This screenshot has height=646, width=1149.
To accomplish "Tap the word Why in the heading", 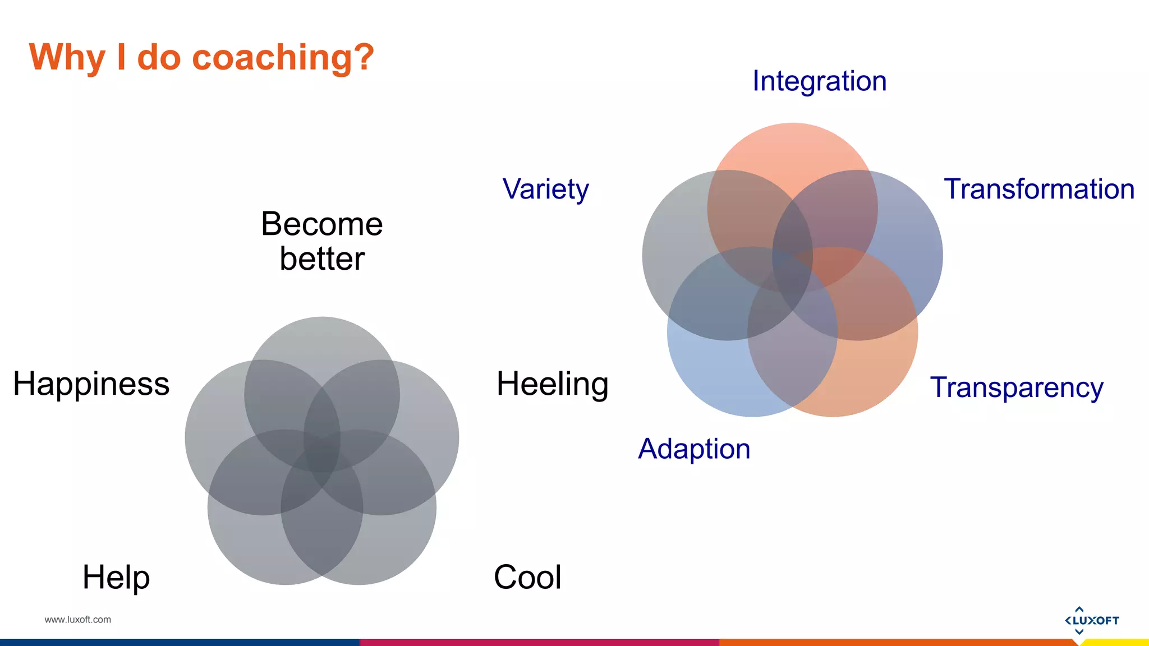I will tap(67, 58).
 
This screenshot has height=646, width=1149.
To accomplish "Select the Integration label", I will tap(819, 81).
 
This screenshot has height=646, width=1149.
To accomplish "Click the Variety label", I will tap(545, 189).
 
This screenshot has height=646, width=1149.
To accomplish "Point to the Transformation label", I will tap(1039, 189).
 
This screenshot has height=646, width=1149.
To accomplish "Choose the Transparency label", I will tap(1016, 387).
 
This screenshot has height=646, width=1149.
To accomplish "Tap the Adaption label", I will tap(694, 449).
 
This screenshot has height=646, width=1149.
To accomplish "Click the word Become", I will tap(321, 224).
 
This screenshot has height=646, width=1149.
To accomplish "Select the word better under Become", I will tap(321, 259).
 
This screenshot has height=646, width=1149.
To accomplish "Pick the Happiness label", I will tap(91, 384).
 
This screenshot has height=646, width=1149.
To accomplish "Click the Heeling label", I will tap(552, 384).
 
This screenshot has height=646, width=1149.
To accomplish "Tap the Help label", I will tap(116, 577).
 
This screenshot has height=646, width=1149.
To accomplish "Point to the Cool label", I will tap(527, 577).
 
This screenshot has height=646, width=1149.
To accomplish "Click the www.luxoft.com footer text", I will tap(77, 620).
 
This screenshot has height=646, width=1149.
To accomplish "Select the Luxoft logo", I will tap(1091, 620).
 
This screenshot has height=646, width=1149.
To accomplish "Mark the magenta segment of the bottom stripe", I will tap(539, 643).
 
